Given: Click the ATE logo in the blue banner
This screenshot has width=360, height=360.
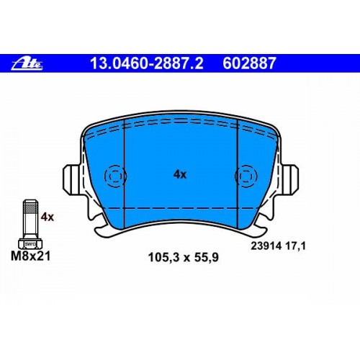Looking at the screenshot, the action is pos(27,63).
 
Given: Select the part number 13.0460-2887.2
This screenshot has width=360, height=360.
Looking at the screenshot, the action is pos(146,63).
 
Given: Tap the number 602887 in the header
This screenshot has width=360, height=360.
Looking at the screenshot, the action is pos(249,63).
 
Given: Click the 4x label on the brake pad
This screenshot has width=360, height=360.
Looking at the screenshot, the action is pos(180,174).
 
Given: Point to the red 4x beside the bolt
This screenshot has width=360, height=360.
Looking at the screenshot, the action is pos(48,217).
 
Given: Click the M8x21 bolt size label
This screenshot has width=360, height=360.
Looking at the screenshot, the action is pos(31,256).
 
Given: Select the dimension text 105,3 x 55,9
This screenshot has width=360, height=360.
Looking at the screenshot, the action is pos(184,258).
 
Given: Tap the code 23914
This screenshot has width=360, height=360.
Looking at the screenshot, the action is pos(266,246).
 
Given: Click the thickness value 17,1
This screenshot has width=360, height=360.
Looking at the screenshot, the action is pos(295,246).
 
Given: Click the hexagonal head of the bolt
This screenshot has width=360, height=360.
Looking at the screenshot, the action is pos(30,243).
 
